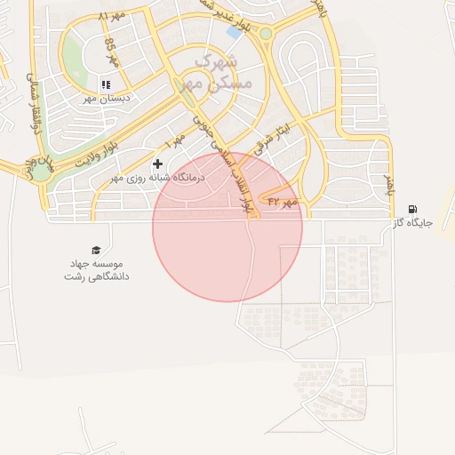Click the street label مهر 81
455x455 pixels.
click(x=112, y=17)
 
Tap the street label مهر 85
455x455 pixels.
click(x=110, y=52)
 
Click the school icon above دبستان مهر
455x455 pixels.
click(x=106, y=84)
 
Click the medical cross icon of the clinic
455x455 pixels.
click(x=158, y=164)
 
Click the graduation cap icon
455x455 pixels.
click(x=96, y=251)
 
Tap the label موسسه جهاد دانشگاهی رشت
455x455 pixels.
click(x=96, y=270)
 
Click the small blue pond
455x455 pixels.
click(x=234, y=33)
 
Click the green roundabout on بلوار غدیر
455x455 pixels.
click(x=265, y=34)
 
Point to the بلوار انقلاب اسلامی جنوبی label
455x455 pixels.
click(x=226, y=151)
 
